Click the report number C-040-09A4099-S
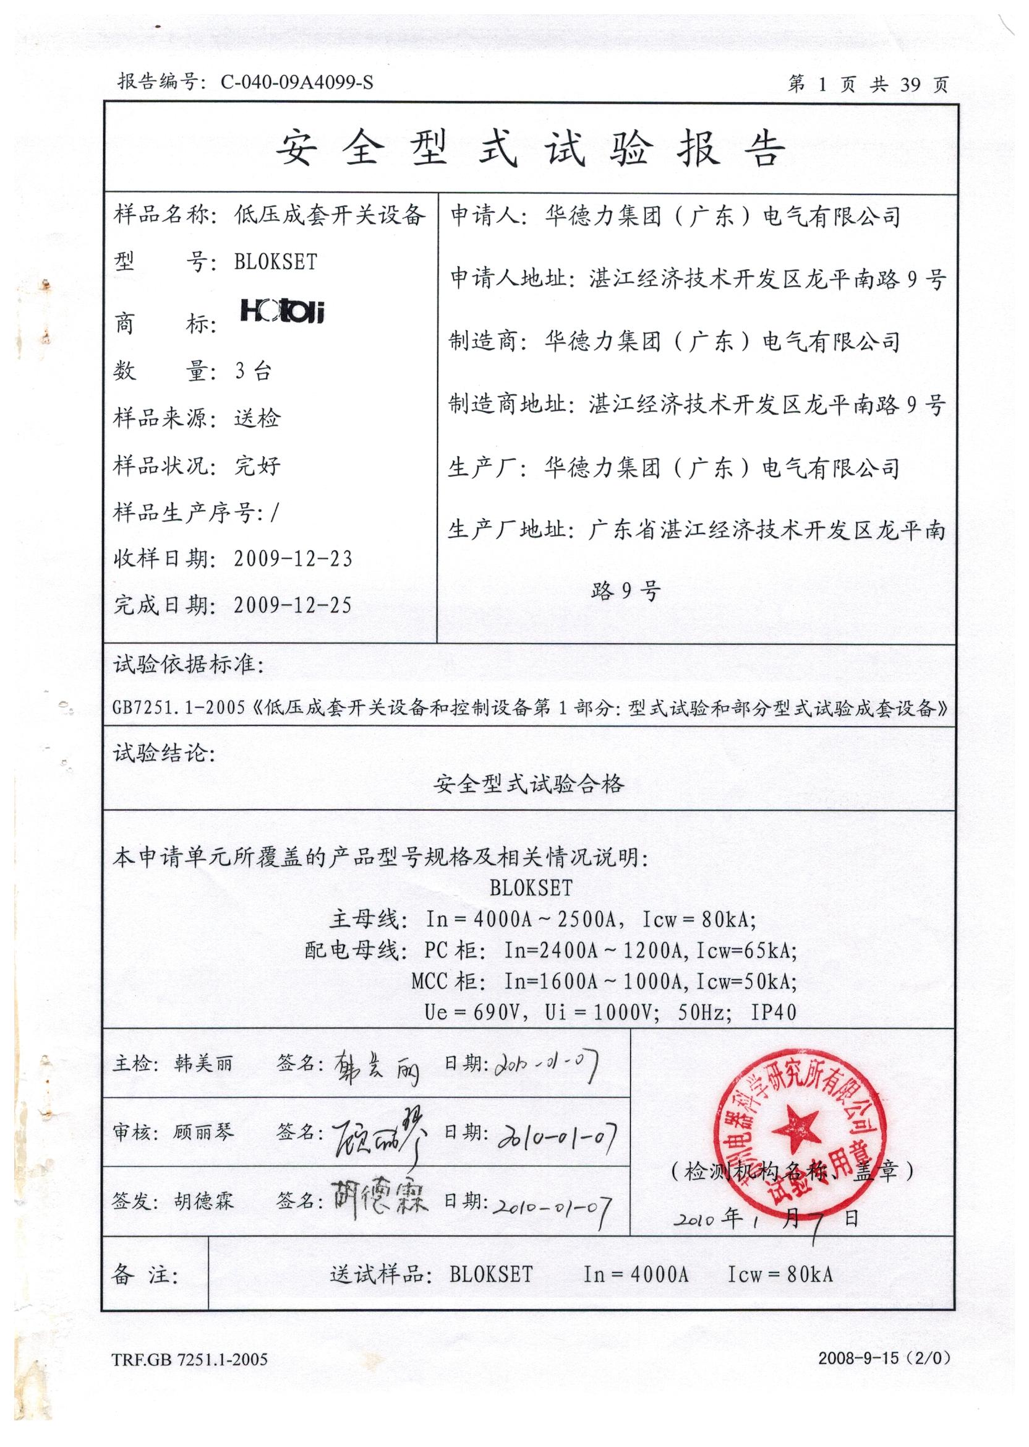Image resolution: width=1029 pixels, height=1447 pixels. (x=297, y=82)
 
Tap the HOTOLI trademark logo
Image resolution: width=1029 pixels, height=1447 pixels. (x=282, y=311)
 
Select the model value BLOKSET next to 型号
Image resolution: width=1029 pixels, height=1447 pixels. (x=276, y=262)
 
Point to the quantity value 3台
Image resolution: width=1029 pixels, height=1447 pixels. (x=253, y=371)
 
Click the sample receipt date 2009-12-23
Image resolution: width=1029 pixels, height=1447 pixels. (x=292, y=559)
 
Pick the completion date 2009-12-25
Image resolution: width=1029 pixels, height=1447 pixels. (x=292, y=605)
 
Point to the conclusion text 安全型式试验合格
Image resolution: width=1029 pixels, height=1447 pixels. (x=529, y=785)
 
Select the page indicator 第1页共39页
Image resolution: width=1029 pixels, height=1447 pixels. (x=868, y=84)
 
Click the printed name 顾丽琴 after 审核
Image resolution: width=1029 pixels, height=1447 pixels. (x=203, y=1132)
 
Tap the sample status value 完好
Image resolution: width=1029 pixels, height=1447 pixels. (x=257, y=466)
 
